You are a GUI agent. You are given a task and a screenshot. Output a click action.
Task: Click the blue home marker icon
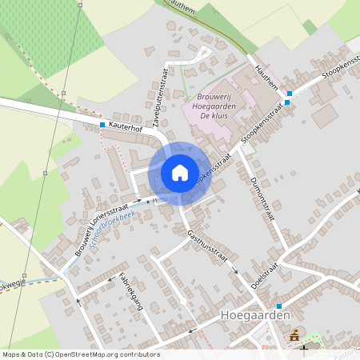[180, 172]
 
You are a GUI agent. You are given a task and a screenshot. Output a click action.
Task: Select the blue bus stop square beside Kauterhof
[102, 125]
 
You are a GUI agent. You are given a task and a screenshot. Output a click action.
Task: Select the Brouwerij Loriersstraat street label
[106, 226]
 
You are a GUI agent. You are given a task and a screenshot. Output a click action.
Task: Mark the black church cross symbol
[304, 350]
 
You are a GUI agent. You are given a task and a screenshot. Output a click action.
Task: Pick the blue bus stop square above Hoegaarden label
[278, 306]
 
